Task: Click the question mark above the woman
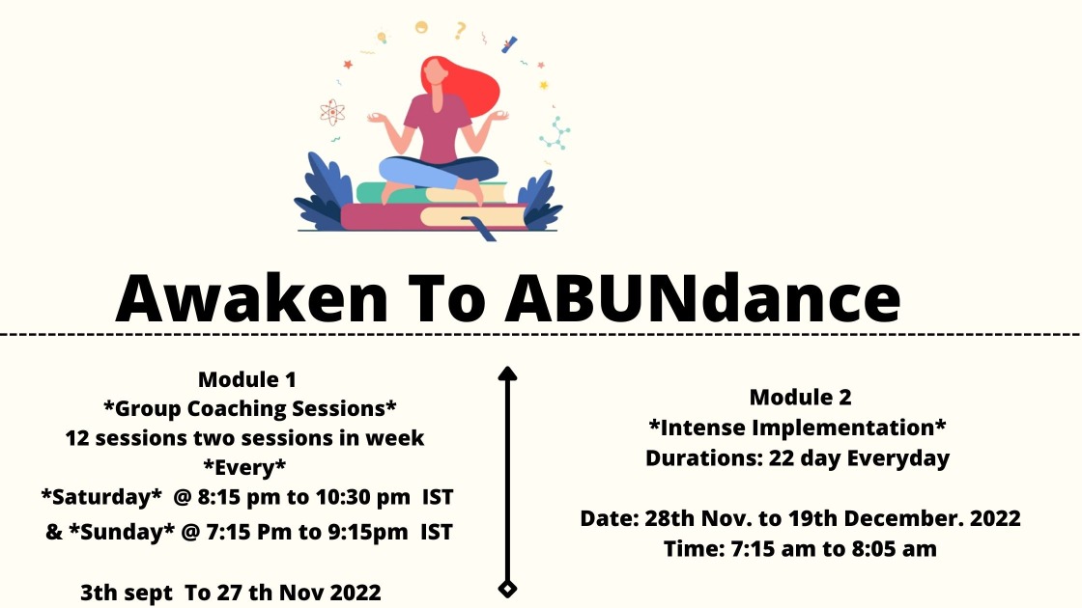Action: point(460,30)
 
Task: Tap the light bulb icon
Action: point(382,36)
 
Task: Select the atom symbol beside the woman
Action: point(332,112)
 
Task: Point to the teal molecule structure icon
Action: point(555,133)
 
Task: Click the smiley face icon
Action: point(421,27)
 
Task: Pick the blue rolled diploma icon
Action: point(509,44)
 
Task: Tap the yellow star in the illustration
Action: point(544,86)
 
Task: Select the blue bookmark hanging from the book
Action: point(481,229)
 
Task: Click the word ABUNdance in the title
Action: point(702,298)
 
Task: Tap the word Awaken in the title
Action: point(252,298)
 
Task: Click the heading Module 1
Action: point(247,379)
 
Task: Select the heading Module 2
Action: point(801,397)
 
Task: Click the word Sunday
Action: point(122,532)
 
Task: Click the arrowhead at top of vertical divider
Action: point(507,373)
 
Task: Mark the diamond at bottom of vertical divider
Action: point(507,589)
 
